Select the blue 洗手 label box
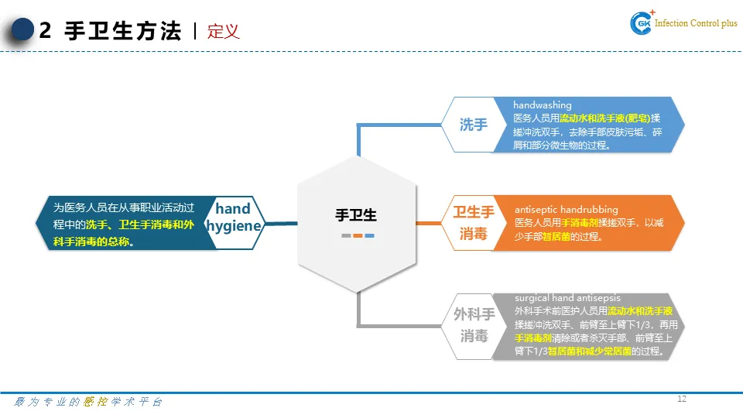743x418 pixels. click(x=473, y=125)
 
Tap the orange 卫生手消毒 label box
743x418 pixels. click(x=473, y=222)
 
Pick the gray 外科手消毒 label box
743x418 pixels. click(x=474, y=325)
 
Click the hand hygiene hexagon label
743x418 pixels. click(x=233, y=218)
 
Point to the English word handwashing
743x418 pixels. click(x=543, y=105)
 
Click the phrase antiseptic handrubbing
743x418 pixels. click(x=567, y=210)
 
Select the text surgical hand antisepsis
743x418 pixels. click(x=567, y=298)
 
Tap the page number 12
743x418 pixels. click(x=682, y=399)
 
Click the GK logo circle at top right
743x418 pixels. click(x=642, y=24)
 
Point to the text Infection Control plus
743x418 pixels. click(x=697, y=24)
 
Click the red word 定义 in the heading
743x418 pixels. click(x=224, y=31)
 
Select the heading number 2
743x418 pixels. click(x=45, y=31)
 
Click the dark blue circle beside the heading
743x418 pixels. click(x=22, y=30)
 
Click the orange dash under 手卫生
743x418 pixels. click(x=358, y=235)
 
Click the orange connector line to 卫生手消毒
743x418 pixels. click(x=429, y=224)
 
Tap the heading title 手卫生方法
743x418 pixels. click(x=123, y=31)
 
